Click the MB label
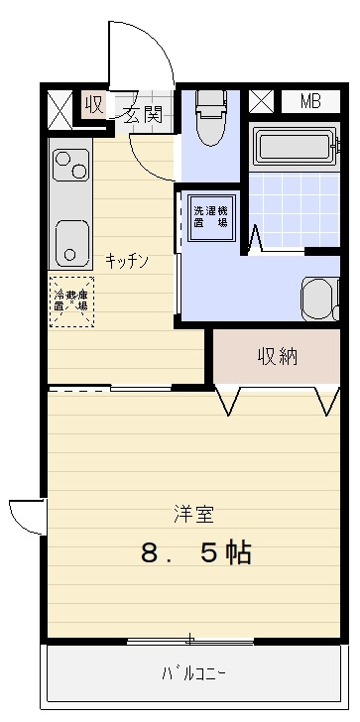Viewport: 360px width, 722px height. (310, 101)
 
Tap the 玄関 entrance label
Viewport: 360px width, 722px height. (142, 114)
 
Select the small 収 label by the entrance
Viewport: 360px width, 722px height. (94, 104)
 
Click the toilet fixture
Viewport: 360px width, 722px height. (211, 117)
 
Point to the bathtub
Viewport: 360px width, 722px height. (295, 149)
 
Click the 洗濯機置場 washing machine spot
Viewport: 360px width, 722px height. (209, 216)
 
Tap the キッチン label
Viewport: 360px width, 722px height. (127, 261)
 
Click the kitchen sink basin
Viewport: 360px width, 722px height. (71, 242)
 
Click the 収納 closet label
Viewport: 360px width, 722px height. (279, 356)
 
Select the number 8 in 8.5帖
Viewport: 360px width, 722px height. (150, 553)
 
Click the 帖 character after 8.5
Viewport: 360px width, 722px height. (238, 553)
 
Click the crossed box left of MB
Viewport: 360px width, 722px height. (261, 101)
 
